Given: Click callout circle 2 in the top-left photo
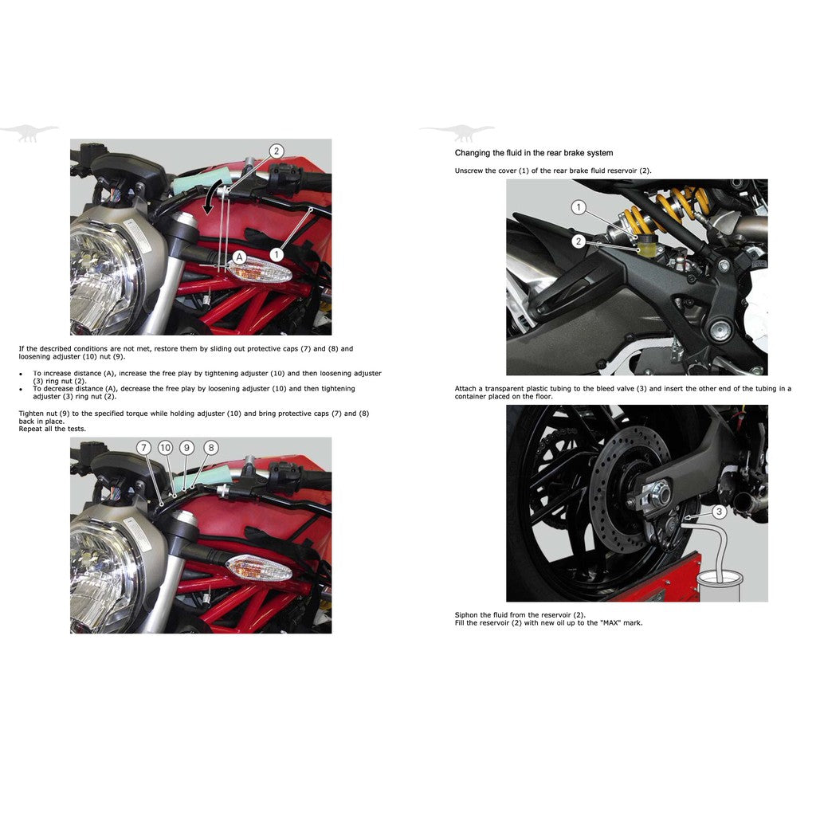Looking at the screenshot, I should pyautogui.click(x=277, y=151).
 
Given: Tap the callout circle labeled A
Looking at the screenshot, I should pyautogui.click(x=238, y=257).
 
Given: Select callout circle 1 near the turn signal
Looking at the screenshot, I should pyautogui.click(x=276, y=254).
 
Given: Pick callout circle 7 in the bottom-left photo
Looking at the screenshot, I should pyautogui.click(x=143, y=448).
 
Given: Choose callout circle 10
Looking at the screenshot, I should pyautogui.click(x=165, y=448).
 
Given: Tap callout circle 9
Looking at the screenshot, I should pyautogui.click(x=186, y=448).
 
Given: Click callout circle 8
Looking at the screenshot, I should pyautogui.click(x=211, y=448).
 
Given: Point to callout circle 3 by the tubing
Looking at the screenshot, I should pyautogui.click(x=719, y=512).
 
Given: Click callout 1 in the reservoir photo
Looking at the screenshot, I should pyautogui.click(x=579, y=208).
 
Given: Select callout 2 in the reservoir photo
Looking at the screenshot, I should pyautogui.click(x=579, y=241).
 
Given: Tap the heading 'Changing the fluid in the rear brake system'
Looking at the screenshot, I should pyautogui.click(x=533, y=153).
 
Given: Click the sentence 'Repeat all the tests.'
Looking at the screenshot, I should pyautogui.click(x=53, y=429).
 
